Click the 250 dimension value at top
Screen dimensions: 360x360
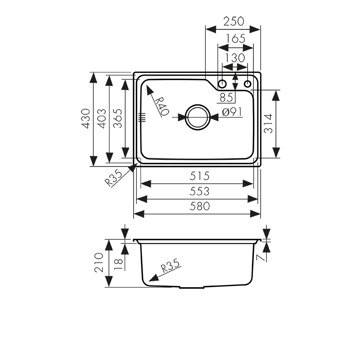coord(234,21)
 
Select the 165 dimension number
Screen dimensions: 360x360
coord(235,39)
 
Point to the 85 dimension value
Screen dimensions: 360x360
coord(226,97)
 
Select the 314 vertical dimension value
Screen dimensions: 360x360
coord(269,124)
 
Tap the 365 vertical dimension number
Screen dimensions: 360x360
coord(117,119)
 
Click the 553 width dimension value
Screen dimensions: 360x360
coord(199,191)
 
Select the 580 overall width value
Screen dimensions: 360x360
coord(199,207)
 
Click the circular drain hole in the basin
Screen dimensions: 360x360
coord(198,117)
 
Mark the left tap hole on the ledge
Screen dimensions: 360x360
coord(222,84)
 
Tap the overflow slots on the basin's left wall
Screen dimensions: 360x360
coord(143,117)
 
